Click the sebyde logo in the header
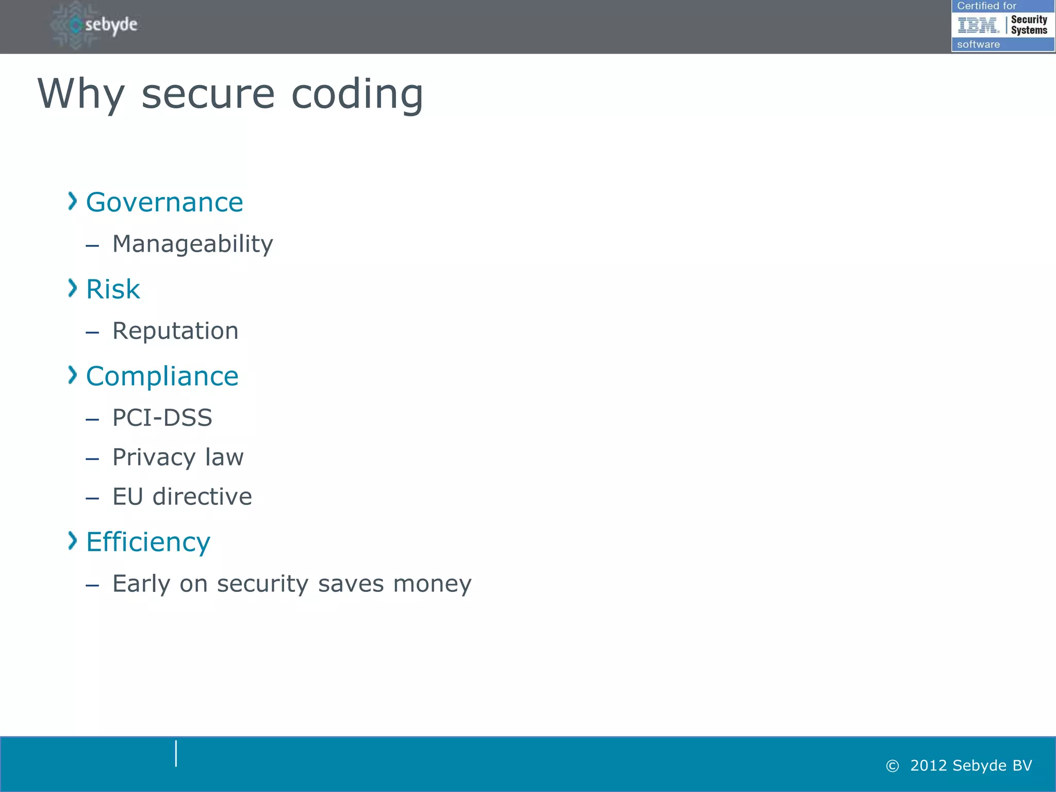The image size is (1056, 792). (96, 25)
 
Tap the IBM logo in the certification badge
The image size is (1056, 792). (978, 25)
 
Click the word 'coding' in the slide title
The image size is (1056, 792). (357, 95)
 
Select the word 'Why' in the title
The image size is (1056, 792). (81, 95)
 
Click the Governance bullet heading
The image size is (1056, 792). (164, 202)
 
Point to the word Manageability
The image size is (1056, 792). (192, 244)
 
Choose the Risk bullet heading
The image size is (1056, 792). (112, 289)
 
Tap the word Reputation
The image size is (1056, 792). (175, 331)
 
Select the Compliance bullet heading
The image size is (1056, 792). (162, 376)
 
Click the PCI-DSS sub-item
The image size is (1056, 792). (162, 418)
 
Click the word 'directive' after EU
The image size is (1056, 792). (202, 497)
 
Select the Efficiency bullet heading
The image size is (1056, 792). (148, 542)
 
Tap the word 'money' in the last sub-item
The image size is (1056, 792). (432, 584)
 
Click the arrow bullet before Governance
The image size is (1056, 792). (72, 201)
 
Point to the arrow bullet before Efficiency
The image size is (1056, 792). (72, 541)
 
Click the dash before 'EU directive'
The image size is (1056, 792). (92, 499)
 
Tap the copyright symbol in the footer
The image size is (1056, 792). (892, 766)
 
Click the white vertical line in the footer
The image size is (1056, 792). (176, 753)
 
